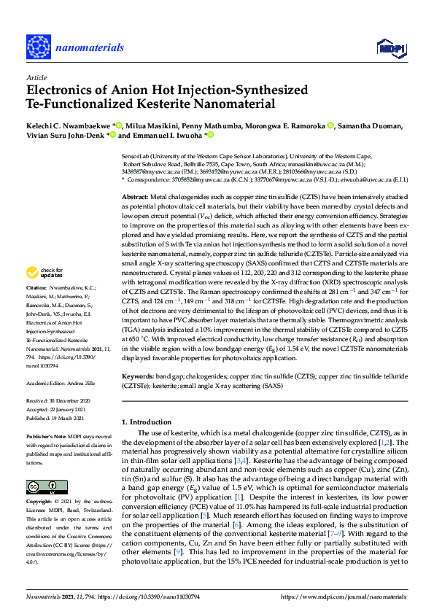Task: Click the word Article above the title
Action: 36,77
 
